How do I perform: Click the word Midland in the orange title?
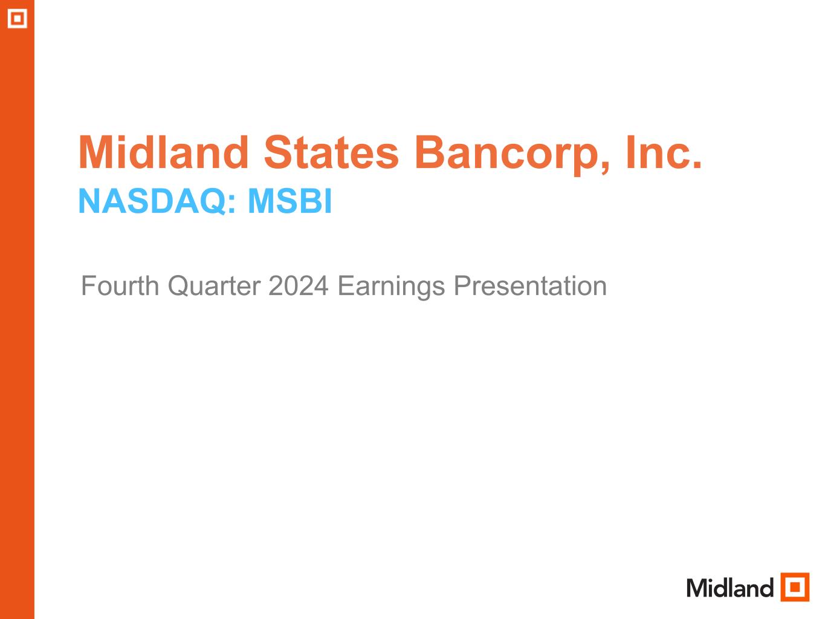pos(164,152)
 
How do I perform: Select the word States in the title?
pos(331,152)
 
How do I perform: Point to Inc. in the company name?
pos(664,152)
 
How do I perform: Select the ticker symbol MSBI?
pos(290,201)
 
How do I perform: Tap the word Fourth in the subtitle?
pos(120,286)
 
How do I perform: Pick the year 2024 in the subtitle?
pos(299,286)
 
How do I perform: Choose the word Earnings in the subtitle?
pos(391,288)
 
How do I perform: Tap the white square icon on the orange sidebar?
pos(18,18)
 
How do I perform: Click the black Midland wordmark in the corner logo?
pos(730,588)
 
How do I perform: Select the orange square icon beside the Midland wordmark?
pos(795,587)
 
